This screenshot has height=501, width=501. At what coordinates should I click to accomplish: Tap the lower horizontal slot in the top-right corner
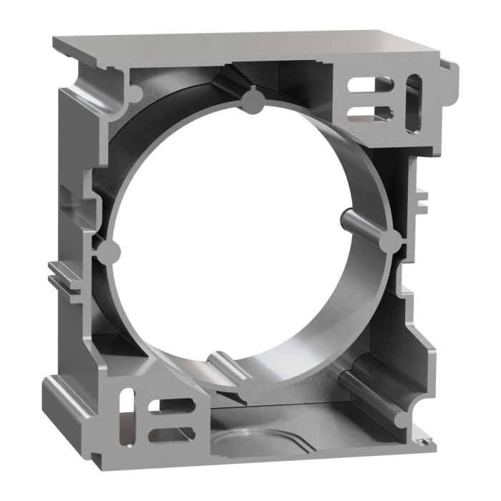click(367, 112)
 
